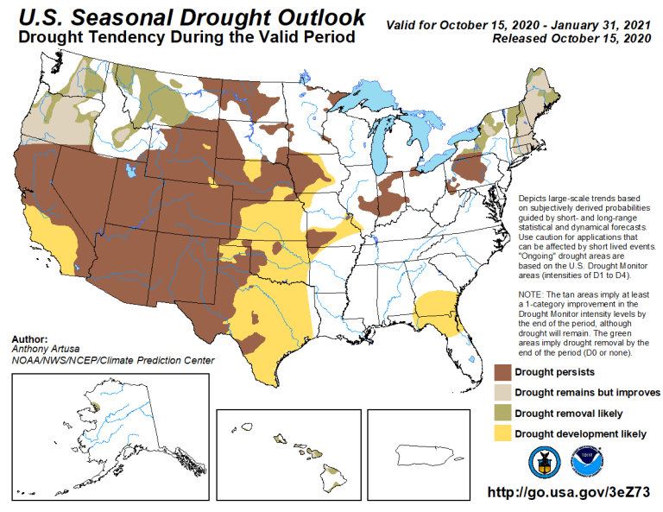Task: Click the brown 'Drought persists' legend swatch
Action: point(501,373)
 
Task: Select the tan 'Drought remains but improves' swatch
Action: point(501,393)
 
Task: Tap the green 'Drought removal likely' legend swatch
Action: point(501,414)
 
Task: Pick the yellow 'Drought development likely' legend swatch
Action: point(501,433)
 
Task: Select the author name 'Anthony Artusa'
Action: point(44,350)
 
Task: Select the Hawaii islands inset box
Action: point(288,452)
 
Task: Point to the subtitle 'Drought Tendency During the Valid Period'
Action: point(186,38)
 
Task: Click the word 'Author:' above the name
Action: point(30,339)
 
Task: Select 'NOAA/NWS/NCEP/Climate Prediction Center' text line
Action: point(113,361)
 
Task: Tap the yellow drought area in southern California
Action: point(52,233)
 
